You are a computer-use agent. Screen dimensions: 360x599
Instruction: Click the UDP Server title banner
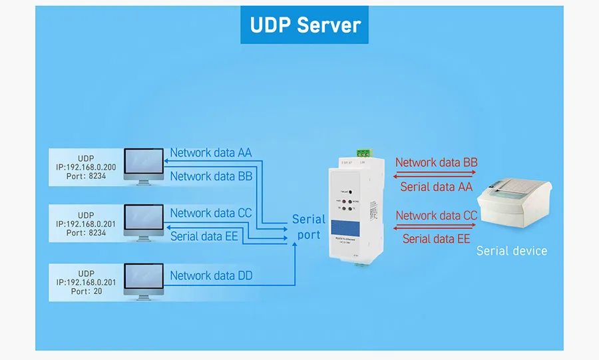305,25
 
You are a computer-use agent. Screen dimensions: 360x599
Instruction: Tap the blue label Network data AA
211,152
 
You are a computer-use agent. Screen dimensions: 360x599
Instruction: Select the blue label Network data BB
211,176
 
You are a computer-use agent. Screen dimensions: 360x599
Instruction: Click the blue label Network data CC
211,213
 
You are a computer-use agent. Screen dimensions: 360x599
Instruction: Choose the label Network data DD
211,275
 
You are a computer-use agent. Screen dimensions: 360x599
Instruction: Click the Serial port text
309,227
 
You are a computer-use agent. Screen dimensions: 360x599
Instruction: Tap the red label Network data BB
436,162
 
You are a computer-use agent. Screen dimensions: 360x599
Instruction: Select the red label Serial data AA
436,187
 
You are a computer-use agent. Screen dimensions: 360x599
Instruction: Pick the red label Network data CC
436,216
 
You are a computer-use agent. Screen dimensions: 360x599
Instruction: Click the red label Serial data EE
436,239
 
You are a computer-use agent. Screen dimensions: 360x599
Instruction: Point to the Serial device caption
512,251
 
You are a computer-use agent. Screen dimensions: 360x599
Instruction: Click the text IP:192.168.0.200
86,169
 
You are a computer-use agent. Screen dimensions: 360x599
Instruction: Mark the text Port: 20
86,291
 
